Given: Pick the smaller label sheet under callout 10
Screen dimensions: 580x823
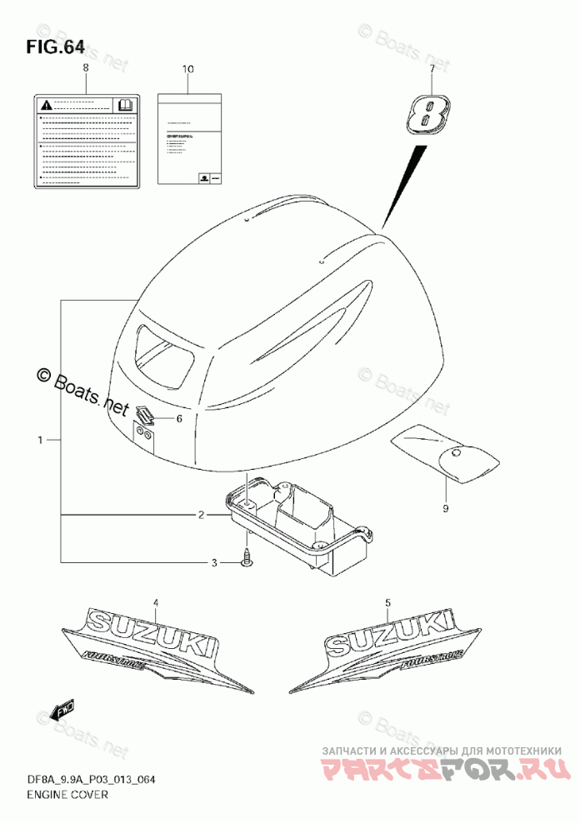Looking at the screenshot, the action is [190, 140].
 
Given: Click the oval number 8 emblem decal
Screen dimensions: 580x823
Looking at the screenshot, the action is [428, 111].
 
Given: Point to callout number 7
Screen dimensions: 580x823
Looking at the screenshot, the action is [432, 70].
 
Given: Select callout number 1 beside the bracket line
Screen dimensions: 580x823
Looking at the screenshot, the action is [38, 438].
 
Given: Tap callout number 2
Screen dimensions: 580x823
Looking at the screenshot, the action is [201, 516].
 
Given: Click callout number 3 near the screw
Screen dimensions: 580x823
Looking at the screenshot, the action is [213, 564].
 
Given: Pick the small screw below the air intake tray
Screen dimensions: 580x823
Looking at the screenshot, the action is [244, 560].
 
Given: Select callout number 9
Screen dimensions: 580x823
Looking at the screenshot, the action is [445, 507].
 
